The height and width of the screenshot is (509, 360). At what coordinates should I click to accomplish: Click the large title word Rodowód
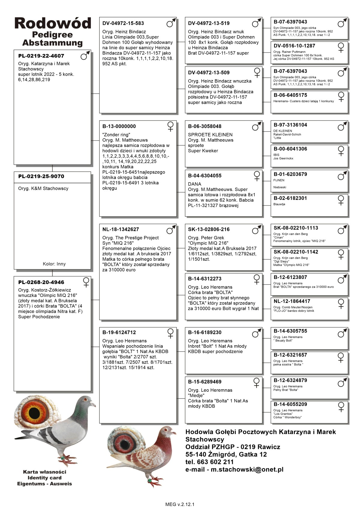52,23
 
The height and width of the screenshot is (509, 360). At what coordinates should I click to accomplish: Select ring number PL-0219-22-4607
41,56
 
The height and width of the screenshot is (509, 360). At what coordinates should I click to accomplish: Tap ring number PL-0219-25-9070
41,176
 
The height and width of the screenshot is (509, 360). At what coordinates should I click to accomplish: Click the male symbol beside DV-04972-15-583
171,23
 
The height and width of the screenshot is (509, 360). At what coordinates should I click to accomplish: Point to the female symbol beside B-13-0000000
170,126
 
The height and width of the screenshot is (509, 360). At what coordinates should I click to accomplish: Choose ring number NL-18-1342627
121,229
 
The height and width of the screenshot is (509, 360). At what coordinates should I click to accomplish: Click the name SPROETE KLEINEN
210,135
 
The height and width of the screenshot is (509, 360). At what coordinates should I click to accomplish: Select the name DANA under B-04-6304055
194,184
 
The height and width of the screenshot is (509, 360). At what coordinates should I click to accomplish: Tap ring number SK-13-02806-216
209,229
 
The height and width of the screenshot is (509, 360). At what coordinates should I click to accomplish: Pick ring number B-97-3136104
290,125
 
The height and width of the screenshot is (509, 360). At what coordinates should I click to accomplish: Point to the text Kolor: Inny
54,264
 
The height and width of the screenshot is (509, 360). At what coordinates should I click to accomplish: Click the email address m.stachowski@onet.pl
247,469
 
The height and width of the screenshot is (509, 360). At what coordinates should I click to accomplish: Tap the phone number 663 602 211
215,462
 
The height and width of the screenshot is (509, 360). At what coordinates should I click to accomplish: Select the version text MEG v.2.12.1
180,504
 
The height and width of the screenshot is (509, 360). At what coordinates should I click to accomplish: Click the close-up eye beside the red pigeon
124,444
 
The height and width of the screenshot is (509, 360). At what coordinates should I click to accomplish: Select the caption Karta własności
44,472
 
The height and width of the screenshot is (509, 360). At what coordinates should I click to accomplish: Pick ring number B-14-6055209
290,404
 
